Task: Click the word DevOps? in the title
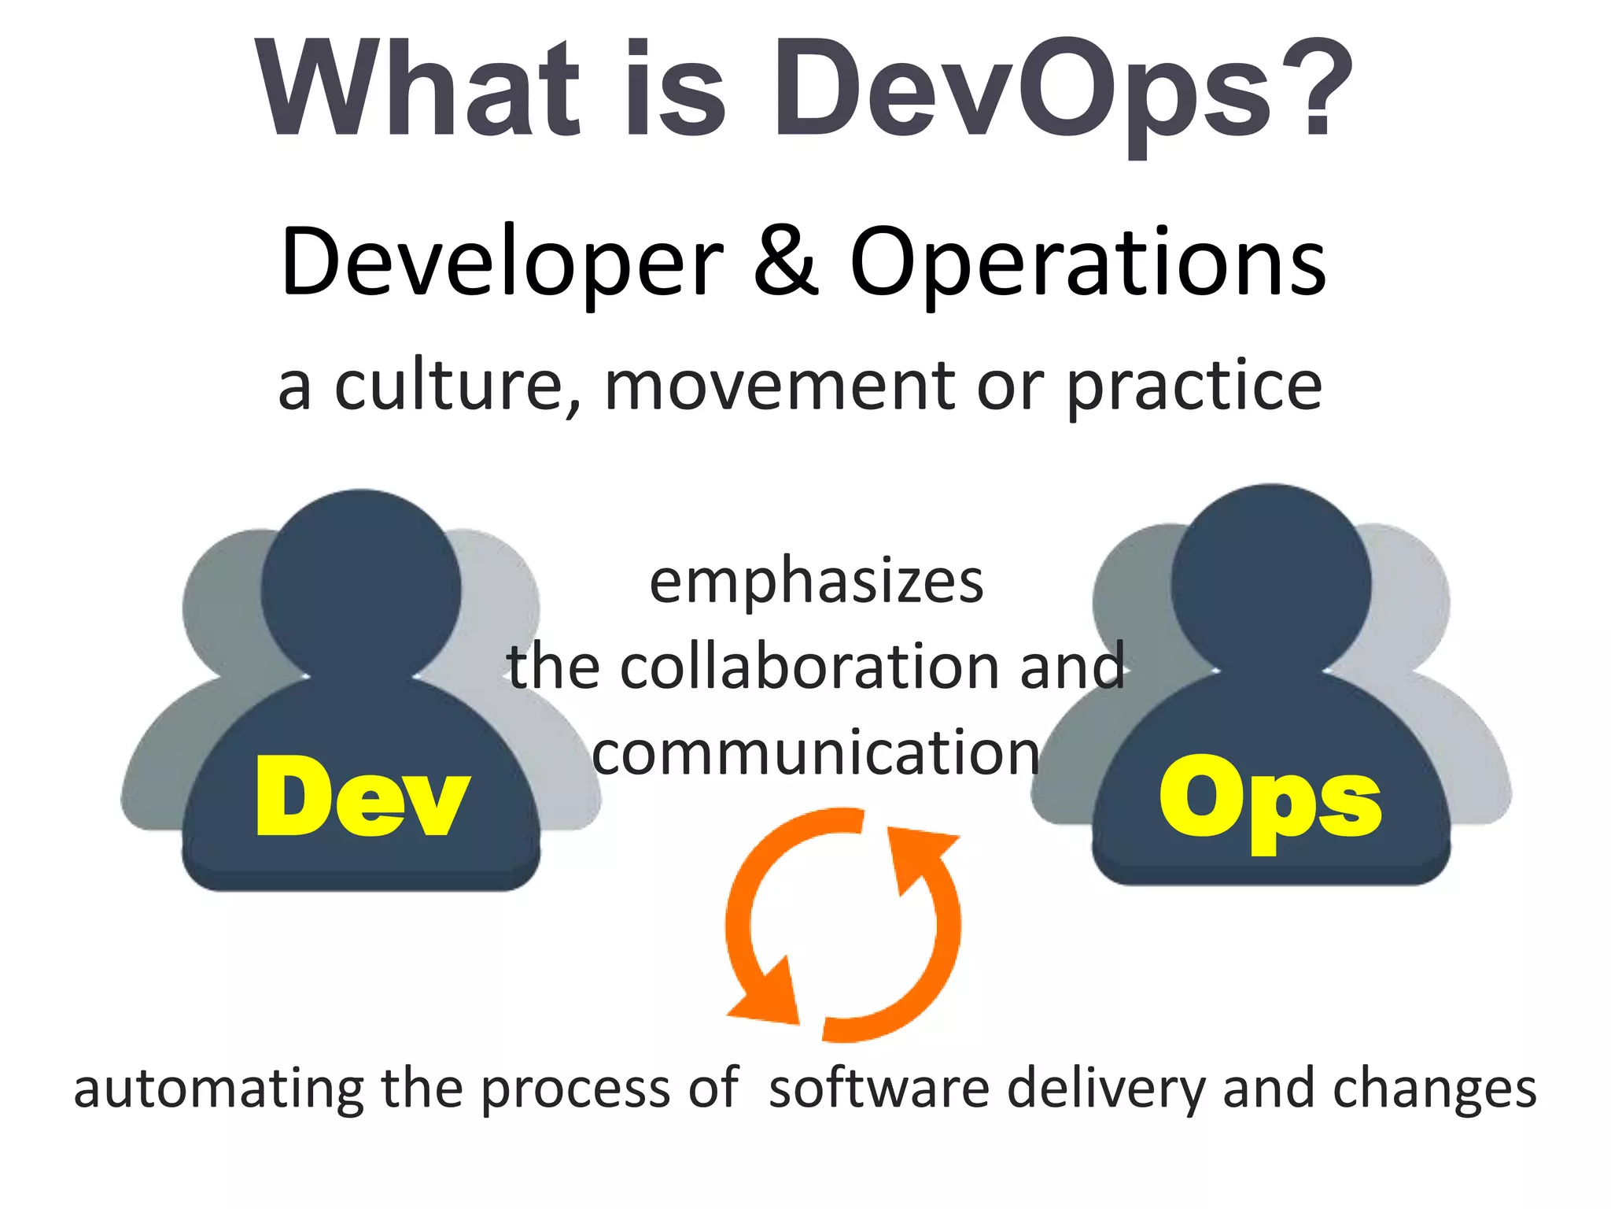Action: [1062, 91]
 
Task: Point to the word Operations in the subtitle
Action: [1089, 264]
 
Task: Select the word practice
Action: [1194, 387]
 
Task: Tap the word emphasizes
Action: [817, 582]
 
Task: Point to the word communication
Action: [816, 753]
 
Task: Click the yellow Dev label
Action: [362, 797]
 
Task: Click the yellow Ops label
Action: [1270, 799]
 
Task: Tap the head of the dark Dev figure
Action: [361, 586]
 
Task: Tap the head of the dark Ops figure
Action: [1271, 582]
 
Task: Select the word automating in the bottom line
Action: [219, 1090]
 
